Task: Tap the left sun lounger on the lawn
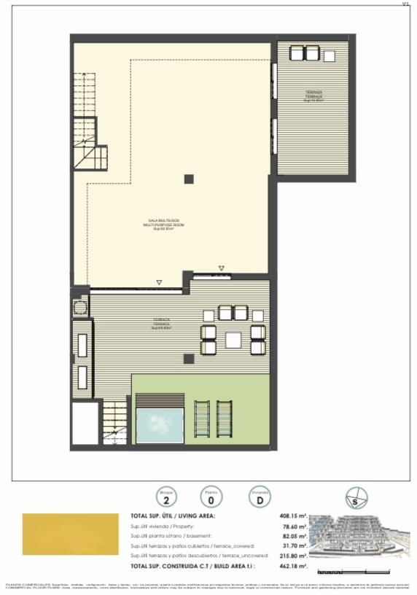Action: [x=202, y=419]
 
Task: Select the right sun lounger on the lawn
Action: [x=223, y=419]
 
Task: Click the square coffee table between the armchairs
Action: [x=233, y=339]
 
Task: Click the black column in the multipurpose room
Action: [x=189, y=179]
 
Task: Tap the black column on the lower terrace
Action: [x=189, y=358]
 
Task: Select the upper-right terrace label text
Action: [x=314, y=96]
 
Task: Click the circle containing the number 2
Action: [x=167, y=499]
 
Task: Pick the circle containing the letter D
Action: [x=255, y=499]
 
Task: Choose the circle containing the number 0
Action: [x=211, y=499]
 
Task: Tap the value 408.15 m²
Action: [x=295, y=516]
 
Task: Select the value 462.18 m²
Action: [x=295, y=565]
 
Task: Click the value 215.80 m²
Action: [x=295, y=556]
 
